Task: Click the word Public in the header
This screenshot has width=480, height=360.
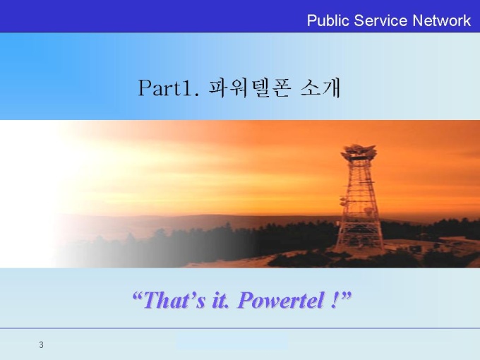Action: point(328,21)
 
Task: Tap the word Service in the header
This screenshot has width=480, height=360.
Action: point(380,20)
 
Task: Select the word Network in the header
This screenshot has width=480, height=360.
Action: point(441,20)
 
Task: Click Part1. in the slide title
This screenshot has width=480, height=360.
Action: point(169,88)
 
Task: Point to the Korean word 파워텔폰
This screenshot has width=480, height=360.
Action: point(249,88)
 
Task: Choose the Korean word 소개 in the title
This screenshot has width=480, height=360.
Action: point(320,88)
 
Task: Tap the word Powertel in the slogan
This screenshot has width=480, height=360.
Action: point(281,300)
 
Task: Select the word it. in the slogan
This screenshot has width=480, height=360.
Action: point(220,300)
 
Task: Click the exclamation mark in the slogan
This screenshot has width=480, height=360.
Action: point(335,300)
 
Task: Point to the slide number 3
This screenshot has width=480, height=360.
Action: point(42,345)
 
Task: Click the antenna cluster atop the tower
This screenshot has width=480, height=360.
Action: point(359,152)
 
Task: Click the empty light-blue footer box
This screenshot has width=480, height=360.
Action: point(232,342)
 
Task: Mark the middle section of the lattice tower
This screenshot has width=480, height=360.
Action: point(359,199)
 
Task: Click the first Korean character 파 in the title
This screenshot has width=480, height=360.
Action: point(218,88)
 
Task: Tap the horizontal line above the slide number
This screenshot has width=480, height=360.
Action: point(240,328)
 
